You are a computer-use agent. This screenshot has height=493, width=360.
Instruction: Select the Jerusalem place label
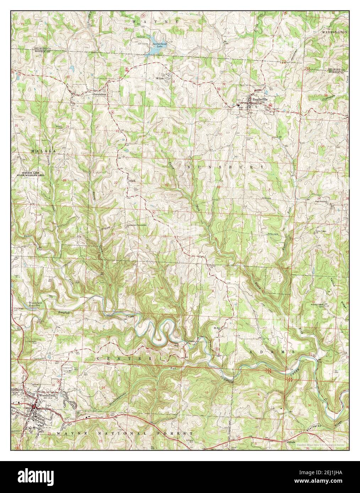99,95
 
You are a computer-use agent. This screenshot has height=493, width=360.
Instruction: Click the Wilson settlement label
160,78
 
